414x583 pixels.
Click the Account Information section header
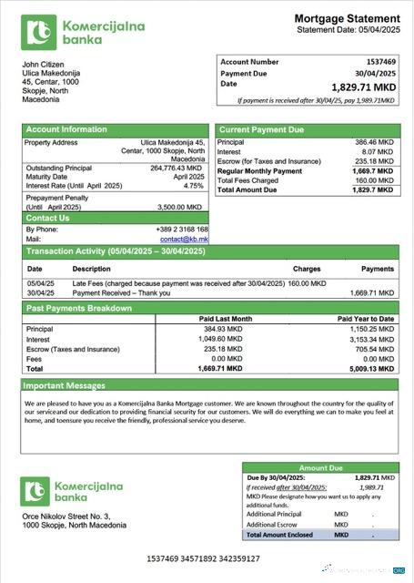(66, 129)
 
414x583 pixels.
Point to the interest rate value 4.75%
(193, 186)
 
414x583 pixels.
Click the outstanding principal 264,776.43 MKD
(176, 168)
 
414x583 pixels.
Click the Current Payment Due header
(262, 130)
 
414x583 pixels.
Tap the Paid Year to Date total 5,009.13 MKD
(373, 370)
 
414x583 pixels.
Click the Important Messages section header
(65, 386)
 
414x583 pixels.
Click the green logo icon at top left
(39, 33)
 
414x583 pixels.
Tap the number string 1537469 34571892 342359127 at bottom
(206, 556)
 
